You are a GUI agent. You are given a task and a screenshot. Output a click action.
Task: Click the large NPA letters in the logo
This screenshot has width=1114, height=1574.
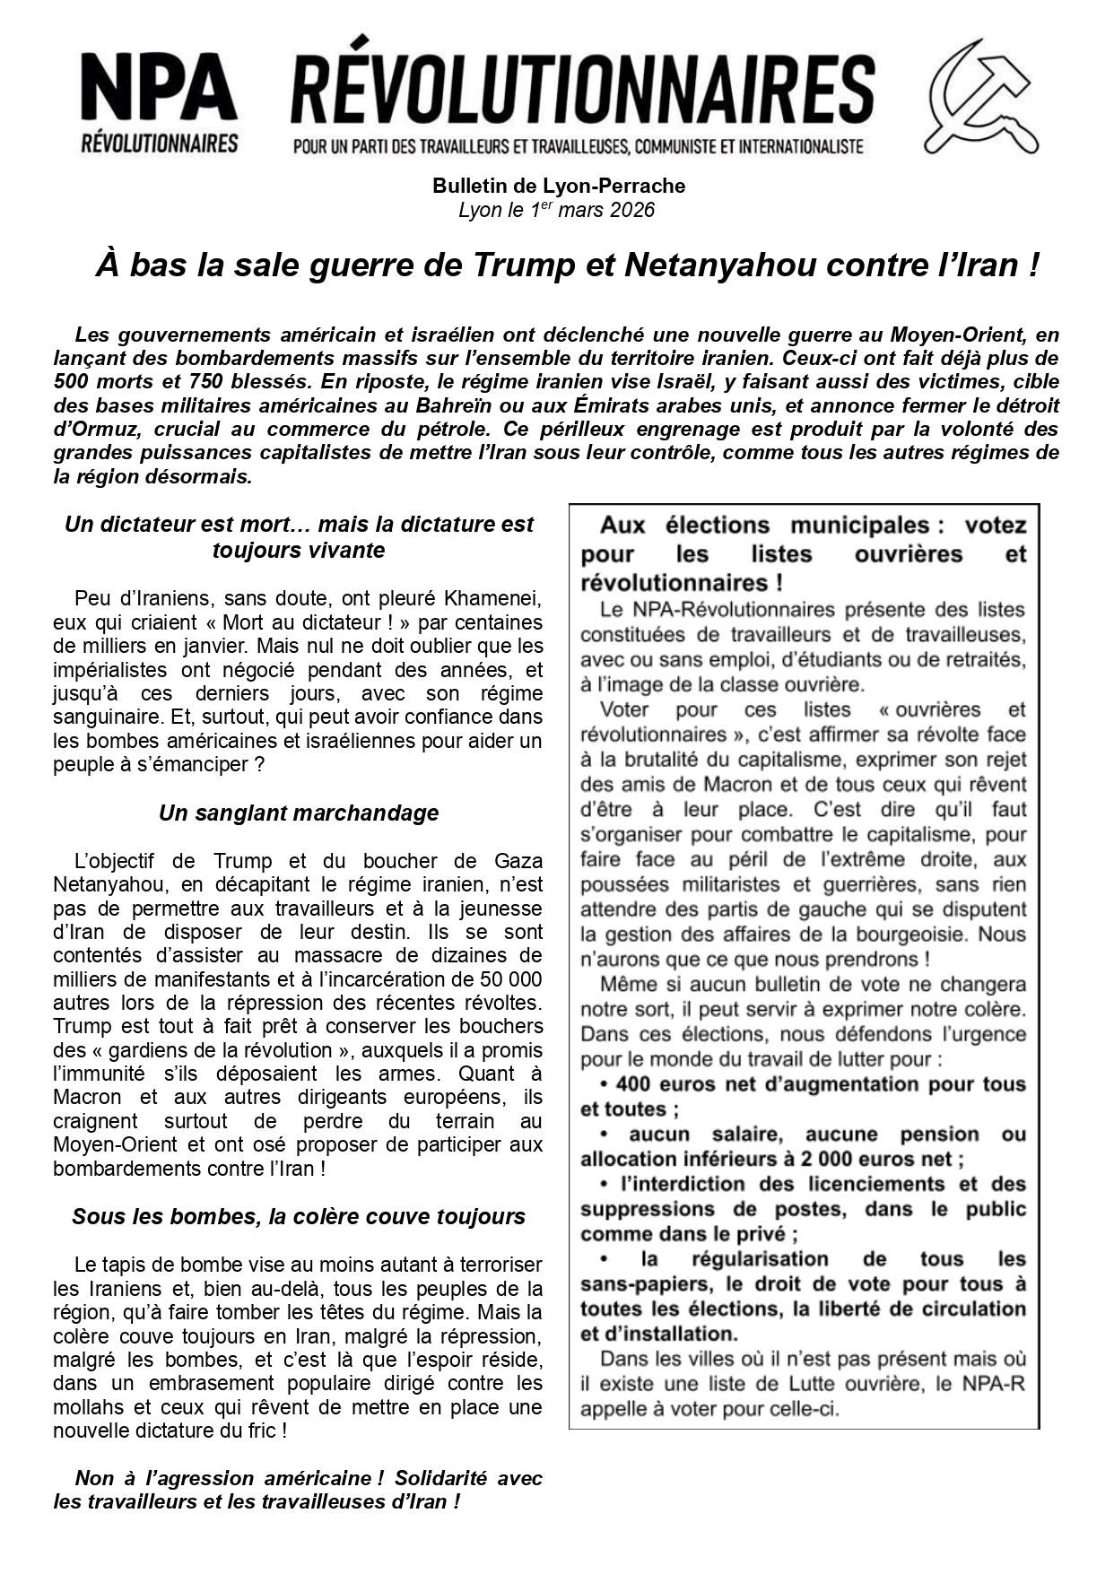159,90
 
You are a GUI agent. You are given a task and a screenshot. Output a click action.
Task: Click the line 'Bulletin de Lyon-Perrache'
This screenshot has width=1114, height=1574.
558,187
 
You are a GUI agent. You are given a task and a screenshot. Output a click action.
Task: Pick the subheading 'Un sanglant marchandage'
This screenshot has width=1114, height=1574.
299,813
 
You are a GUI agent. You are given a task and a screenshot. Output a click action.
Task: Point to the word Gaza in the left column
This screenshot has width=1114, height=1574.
518,862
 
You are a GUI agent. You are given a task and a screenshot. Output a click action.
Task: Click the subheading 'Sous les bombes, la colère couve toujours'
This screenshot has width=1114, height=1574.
299,1217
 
